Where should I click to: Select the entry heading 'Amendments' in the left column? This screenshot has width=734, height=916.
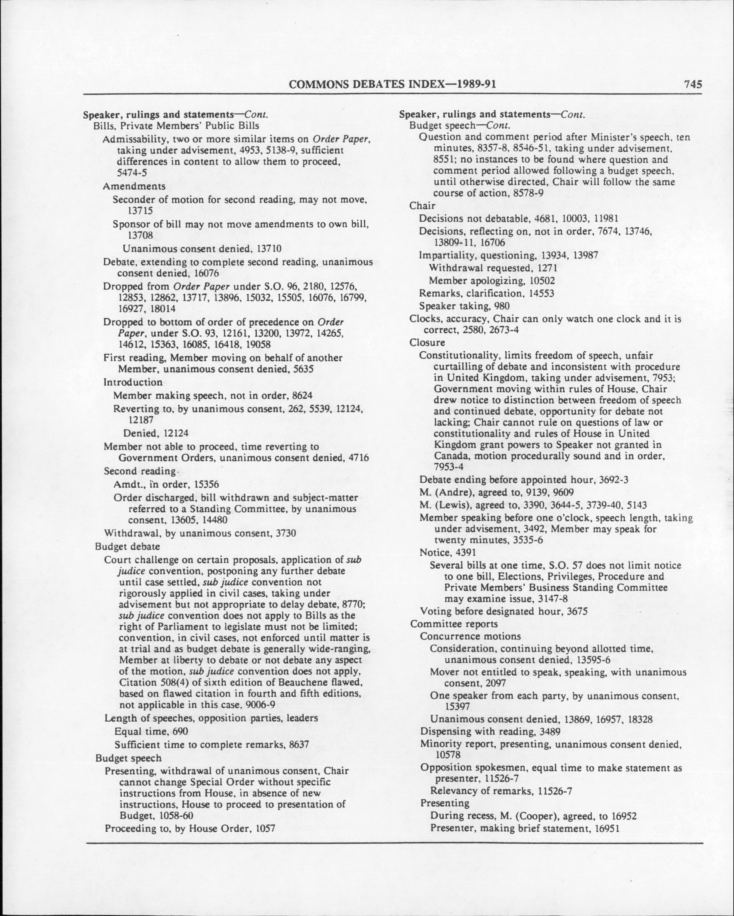tap(134, 186)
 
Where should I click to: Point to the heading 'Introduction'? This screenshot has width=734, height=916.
tap(133, 382)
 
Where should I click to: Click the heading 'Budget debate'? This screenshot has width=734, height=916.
tap(127, 546)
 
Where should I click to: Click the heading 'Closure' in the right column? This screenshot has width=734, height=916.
tap(427, 342)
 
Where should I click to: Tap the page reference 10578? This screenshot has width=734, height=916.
tap(448, 754)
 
